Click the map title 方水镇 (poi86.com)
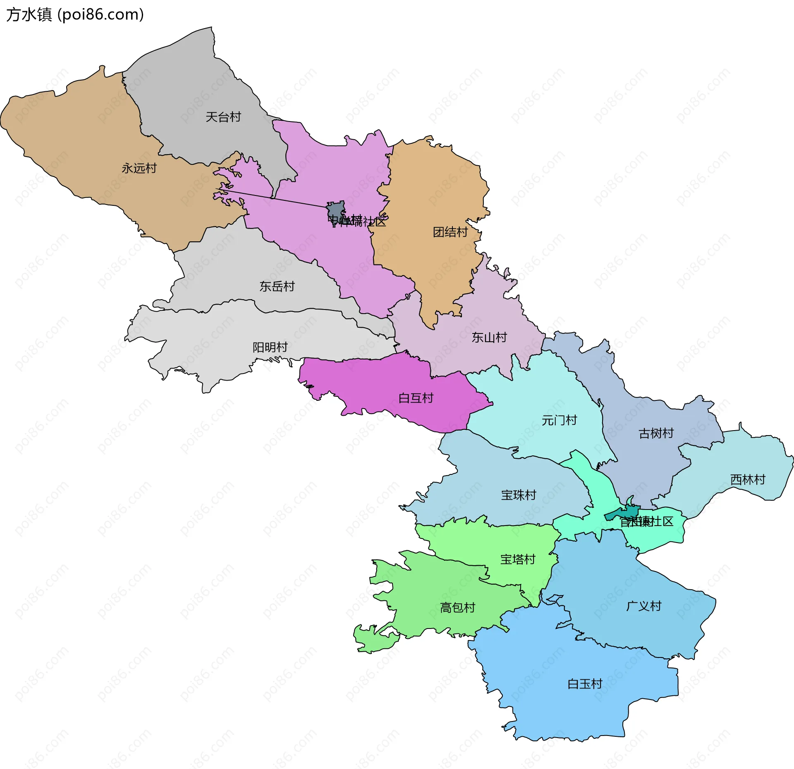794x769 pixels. coord(75,14)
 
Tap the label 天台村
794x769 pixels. coord(223,117)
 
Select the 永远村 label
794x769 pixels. coord(139,168)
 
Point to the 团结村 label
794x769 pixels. coord(450,232)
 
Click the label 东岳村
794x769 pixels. coord(277,286)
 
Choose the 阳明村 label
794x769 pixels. coord(270,347)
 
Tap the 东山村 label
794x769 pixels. coord(489,337)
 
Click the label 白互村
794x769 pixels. coord(416,398)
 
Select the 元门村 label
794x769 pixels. coord(559,420)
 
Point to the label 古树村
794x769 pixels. coord(656,433)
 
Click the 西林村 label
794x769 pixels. coord(748,479)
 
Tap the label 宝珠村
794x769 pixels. coord(519,495)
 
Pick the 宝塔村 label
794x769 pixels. coord(518,559)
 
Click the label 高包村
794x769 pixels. coord(457,607)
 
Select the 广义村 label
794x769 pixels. coord(643,606)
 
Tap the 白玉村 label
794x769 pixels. coord(585,684)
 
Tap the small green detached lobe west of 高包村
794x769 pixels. coord(372,639)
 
